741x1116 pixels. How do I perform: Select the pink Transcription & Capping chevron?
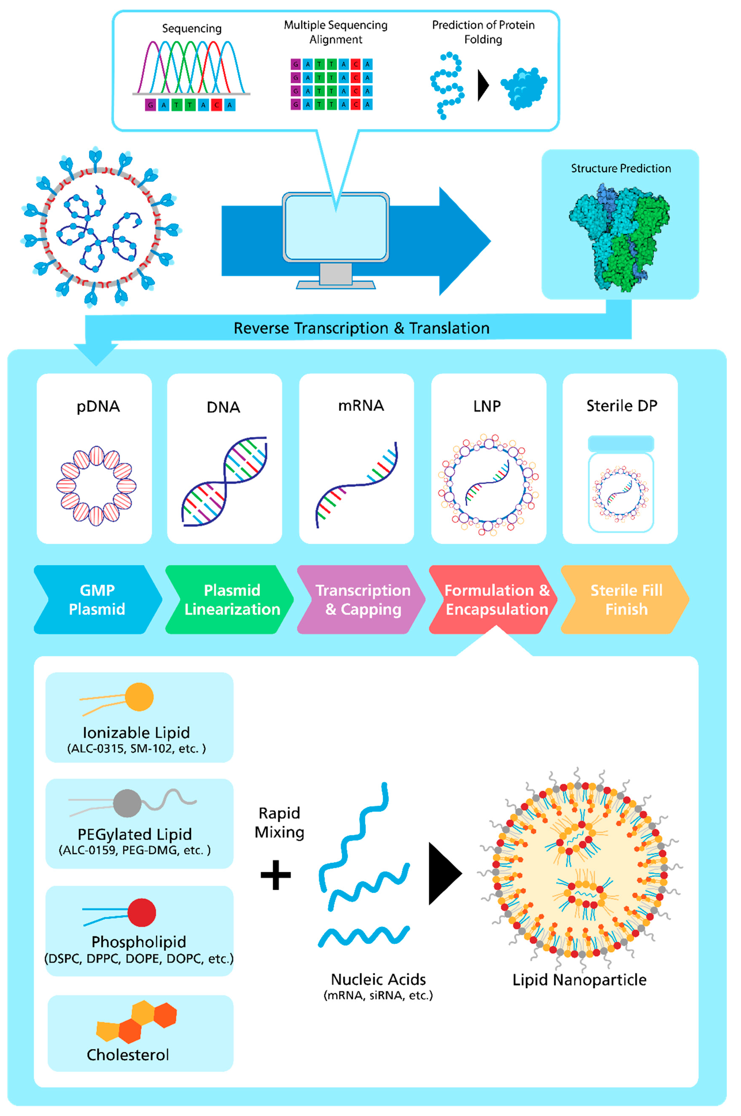pyautogui.click(x=362, y=599)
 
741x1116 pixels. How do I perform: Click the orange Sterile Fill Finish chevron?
pyautogui.click(x=625, y=599)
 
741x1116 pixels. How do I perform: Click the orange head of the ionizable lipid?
pyautogui.click(x=139, y=697)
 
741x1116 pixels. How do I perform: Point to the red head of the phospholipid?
pyautogui.click(x=142, y=912)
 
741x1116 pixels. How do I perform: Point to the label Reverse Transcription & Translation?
pyautogui.click(x=362, y=328)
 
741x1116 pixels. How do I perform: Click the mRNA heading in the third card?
pyautogui.click(x=361, y=405)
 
